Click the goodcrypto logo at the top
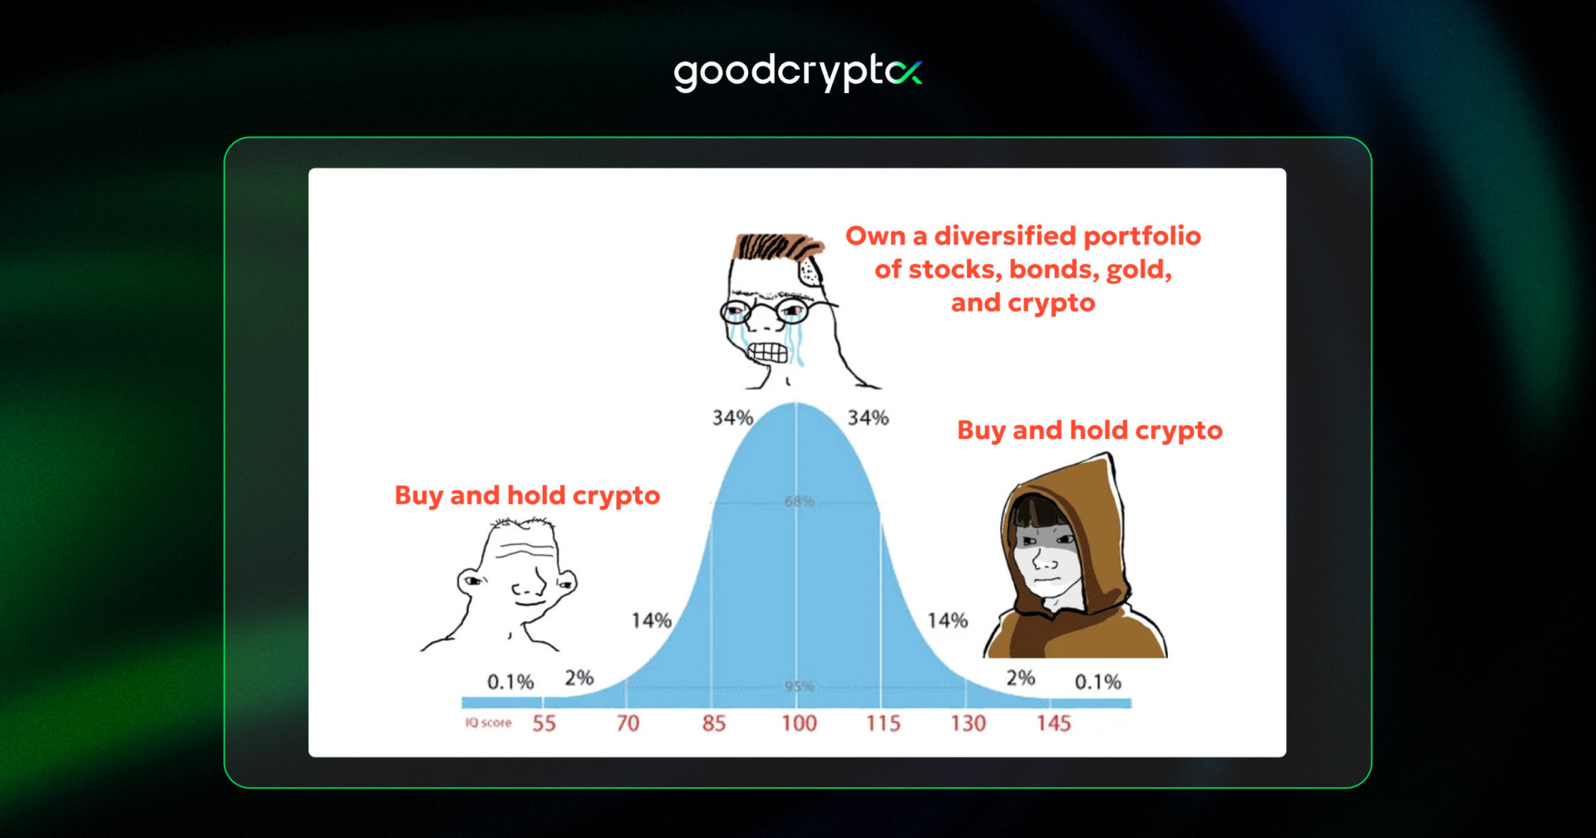796,72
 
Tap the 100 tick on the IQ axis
799,723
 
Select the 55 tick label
544,723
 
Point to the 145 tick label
1053,723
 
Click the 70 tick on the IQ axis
628,723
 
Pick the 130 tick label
968,723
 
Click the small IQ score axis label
488,722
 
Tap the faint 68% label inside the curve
799,501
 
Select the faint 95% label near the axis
799,686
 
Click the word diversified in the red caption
1005,236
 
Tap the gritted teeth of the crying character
766,352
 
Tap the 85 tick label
713,723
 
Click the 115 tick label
883,723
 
